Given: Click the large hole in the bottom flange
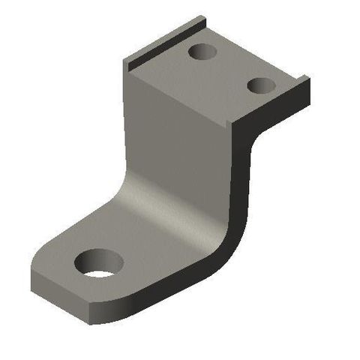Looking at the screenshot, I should (x=99, y=262).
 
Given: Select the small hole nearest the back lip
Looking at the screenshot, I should (x=201, y=52).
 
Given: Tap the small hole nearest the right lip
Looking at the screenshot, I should (x=261, y=85).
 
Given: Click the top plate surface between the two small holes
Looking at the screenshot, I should (x=229, y=69).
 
